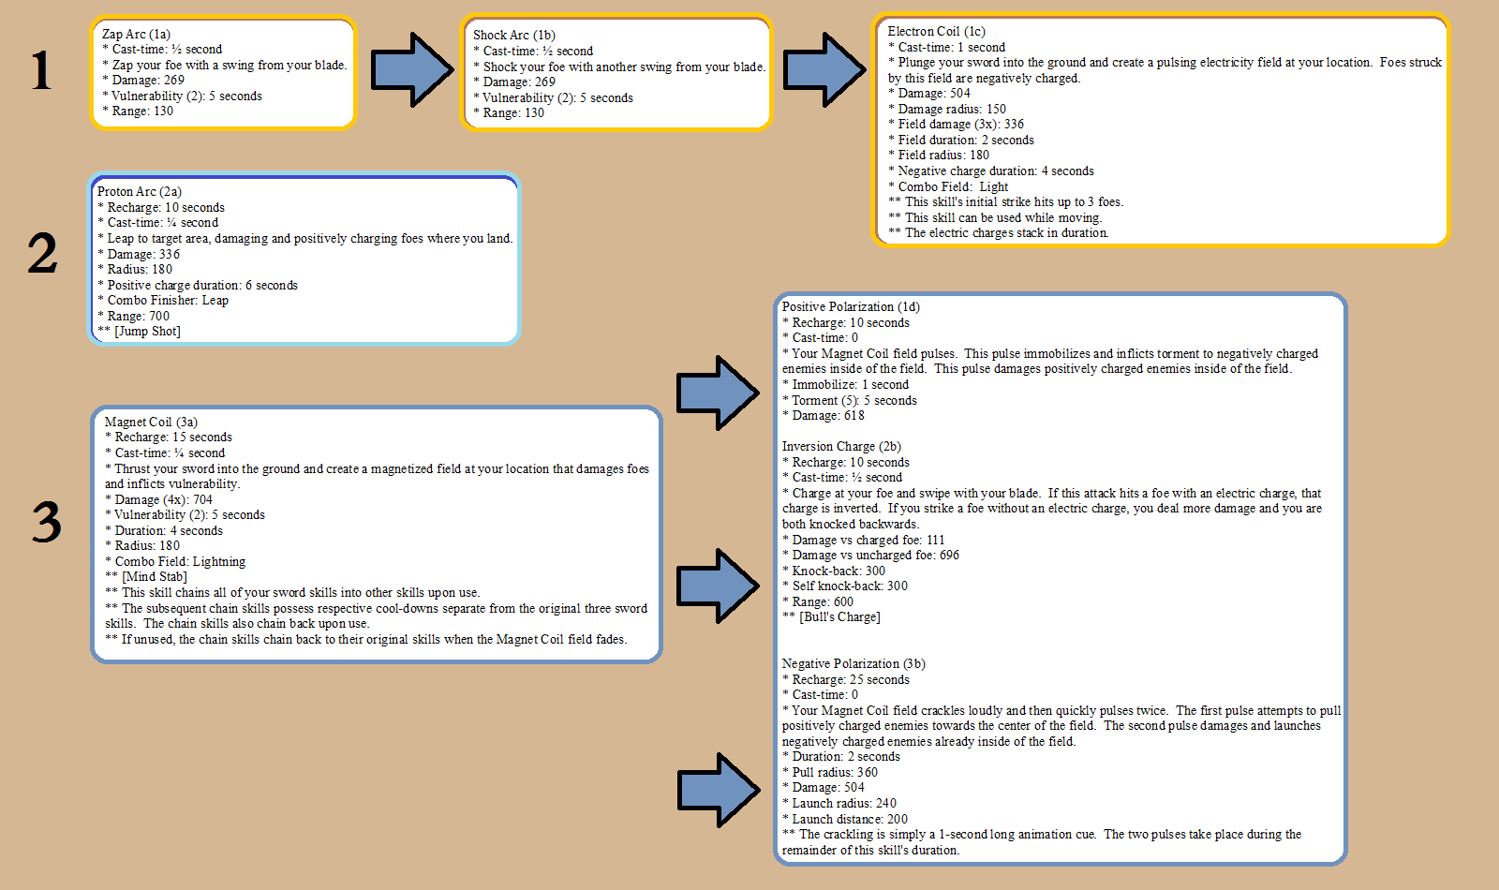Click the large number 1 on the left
(x=41, y=70)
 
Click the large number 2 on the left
(x=43, y=253)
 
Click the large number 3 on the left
(x=47, y=522)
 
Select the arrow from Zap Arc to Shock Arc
(x=412, y=69)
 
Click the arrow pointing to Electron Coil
(x=824, y=69)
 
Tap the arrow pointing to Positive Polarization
(x=718, y=393)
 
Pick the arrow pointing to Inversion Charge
(x=718, y=586)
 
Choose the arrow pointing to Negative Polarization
(x=718, y=790)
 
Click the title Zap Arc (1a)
(x=136, y=34)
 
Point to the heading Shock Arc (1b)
(x=514, y=36)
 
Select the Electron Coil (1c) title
(x=936, y=32)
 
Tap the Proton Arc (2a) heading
(x=140, y=191)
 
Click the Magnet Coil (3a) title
(x=151, y=422)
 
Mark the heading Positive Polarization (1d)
(x=851, y=306)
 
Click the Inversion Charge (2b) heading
(x=841, y=446)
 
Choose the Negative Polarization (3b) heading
(x=853, y=664)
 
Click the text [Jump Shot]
(x=147, y=332)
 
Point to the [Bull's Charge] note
(x=839, y=617)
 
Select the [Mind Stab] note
(x=154, y=577)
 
